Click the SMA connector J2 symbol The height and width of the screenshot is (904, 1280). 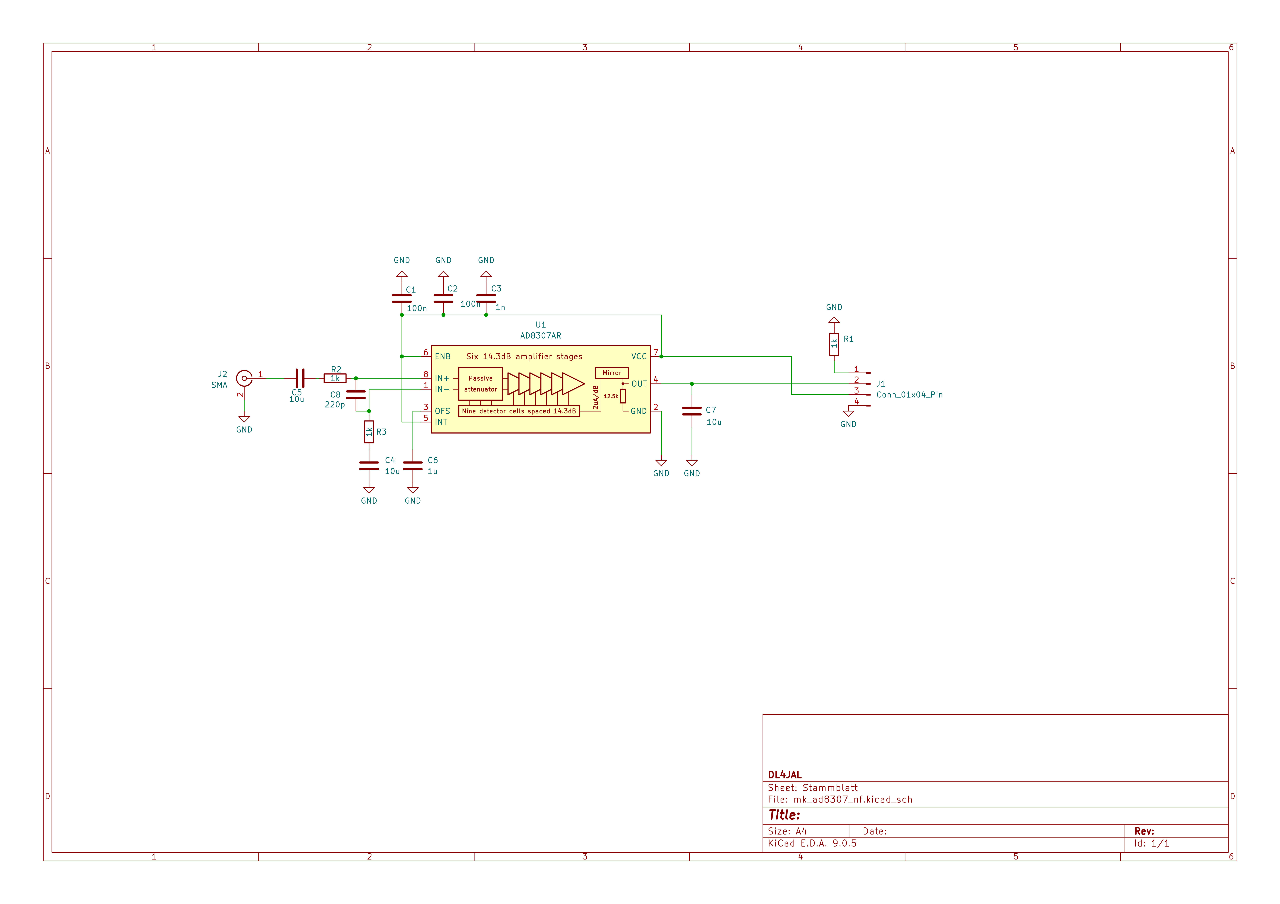pyautogui.click(x=244, y=378)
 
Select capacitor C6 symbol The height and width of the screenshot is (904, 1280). pyautogui.click(x=413, y=466)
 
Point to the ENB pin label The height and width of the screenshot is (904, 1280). pyautogui.click(x=443, y=356)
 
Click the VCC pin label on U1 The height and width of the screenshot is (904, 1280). pyautogui.click(x=639, y=356)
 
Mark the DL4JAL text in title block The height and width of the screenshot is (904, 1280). pyautogui.click(x=784, y=775)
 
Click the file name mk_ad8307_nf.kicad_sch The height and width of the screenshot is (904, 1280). pyautogui.click(x=852, y=799)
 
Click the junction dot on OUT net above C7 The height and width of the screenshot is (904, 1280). pyautogui.click(x=692, y=384)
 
